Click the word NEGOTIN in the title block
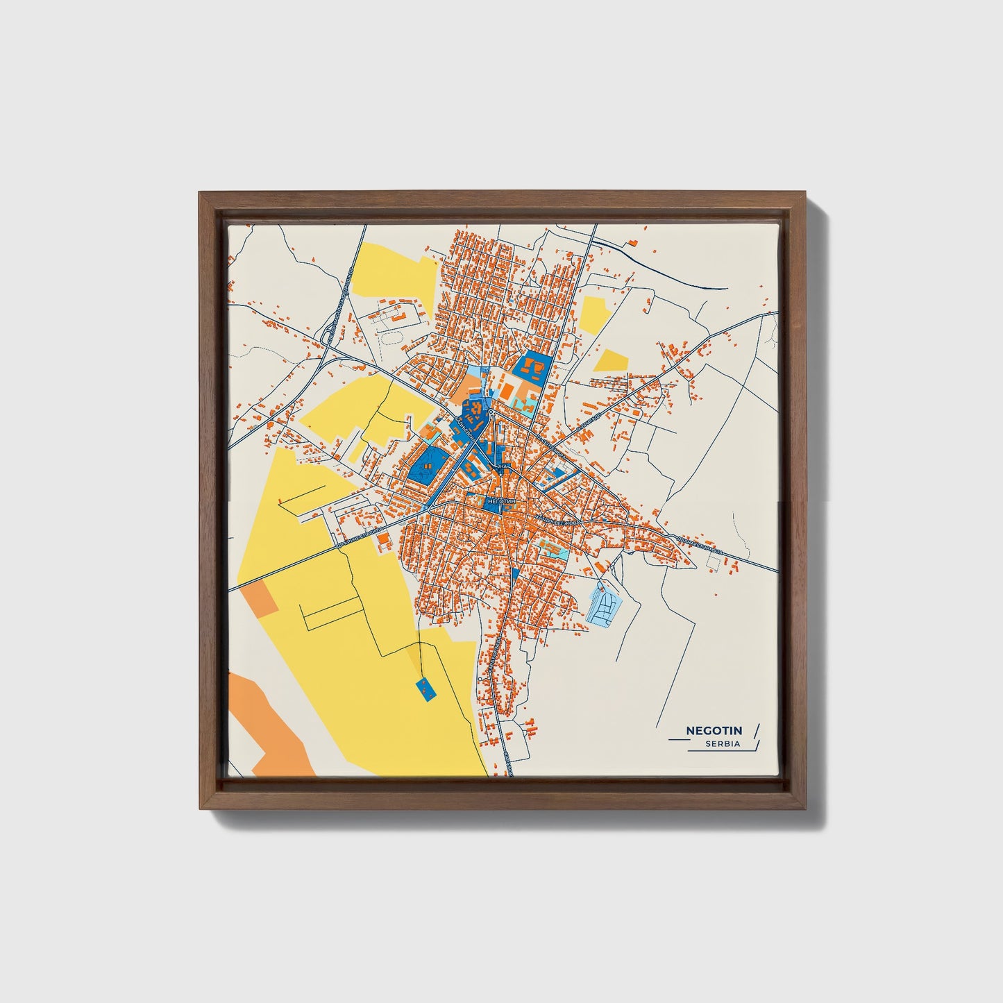(x=714, y=730)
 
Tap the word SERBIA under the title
(x=722, y=744)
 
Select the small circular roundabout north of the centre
(x=490, y=414)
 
